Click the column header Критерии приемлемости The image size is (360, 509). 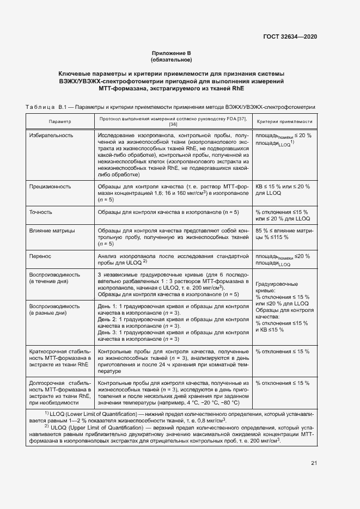pos(284,122)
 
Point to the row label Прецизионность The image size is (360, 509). pos(50,186)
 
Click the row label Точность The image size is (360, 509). pos(41,211)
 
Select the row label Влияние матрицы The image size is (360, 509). pos(52,230)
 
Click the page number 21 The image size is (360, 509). pos(314,463)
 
